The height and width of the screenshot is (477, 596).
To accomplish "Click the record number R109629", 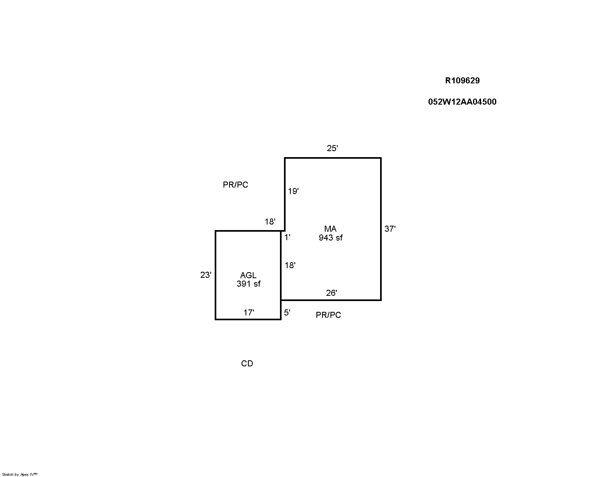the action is [462, 81].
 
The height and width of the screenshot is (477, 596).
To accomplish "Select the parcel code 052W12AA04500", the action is [462, 102].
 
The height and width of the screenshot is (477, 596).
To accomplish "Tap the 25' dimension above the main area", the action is [332, 148].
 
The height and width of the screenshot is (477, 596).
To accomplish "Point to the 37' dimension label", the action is [390, 228].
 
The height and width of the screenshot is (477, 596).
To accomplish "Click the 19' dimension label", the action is [293, 191].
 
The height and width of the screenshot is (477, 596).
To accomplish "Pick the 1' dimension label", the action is [288, 237].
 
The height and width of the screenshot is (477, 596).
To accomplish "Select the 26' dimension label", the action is [332, 293].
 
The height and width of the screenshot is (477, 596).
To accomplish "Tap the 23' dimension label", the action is [206, 275].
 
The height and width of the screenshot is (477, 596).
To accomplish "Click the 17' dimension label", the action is [249, 313].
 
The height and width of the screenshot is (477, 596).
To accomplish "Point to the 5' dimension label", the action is [287, 313].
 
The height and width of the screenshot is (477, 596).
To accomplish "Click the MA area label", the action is [330, 228].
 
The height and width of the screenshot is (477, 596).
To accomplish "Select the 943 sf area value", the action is [331, 238].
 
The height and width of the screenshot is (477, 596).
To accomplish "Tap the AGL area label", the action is [248, 275].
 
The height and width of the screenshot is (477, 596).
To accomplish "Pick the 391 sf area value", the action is [248, 284].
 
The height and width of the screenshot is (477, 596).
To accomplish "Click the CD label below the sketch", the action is [247, 364].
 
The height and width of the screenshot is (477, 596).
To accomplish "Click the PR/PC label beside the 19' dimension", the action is [236, 185].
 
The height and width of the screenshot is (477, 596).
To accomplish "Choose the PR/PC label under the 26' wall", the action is [328, 315].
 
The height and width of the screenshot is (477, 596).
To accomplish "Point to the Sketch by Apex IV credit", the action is [20, 475].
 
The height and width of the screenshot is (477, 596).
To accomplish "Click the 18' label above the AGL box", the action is [270, 222].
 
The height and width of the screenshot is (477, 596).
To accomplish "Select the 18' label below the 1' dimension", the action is [290, 265].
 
